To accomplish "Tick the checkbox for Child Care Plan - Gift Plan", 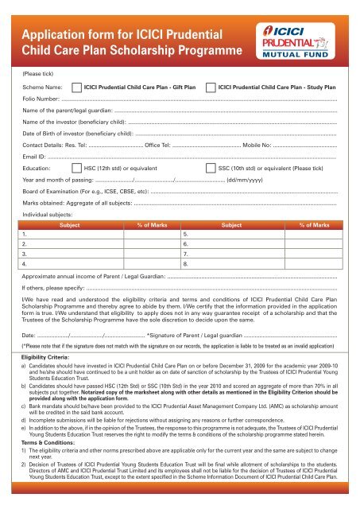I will point(76,107).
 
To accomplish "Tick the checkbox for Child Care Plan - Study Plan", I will point(210,107).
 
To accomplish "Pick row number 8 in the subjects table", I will point(185,262).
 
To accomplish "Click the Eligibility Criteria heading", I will point(48,359).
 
